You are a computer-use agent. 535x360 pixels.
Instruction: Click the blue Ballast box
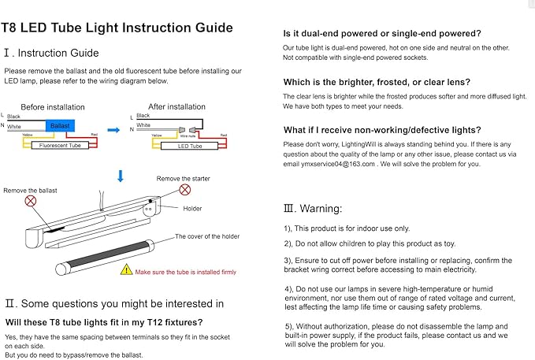coord(59,126)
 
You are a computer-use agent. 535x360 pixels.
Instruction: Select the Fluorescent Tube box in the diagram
coord(60,146)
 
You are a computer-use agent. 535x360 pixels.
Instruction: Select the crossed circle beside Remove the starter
coord(184,190)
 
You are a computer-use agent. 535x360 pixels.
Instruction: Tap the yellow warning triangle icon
coord(126,269)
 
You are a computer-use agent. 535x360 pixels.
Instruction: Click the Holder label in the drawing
coord(192,209)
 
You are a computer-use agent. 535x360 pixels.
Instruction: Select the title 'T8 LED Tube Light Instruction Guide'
coord(117,28)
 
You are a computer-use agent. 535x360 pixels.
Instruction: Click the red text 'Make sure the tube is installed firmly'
coord(186,272)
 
